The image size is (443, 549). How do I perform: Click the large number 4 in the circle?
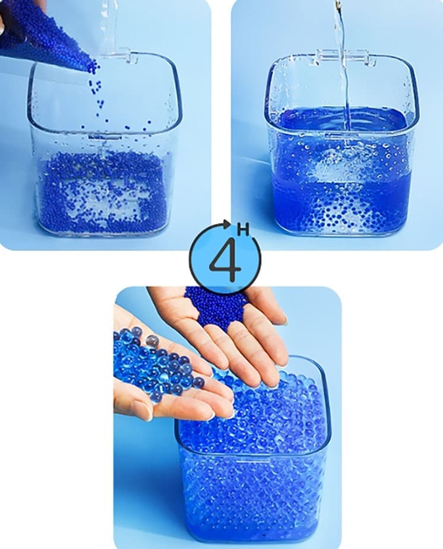pyautogui.click(x=226, y=261)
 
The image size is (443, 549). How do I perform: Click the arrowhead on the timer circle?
pyautogui.click(x=227, y=223)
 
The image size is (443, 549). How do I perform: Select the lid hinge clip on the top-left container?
pyautogui.click(x=124, y=58)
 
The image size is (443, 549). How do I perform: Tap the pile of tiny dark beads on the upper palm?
pyautogui.click(x=214, y=306)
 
